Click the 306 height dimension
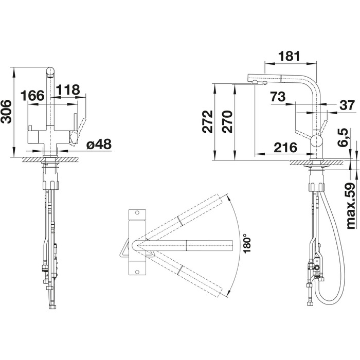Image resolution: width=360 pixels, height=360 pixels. tap(6, 112)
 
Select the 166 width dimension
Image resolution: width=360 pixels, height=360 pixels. tap(32, 96)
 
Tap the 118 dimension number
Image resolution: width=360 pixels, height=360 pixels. tap(68, 90)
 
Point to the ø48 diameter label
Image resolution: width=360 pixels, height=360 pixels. tap(99, 144)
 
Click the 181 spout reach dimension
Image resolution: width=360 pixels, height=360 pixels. tap(289, 56)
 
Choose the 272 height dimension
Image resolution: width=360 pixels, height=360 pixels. tap(208, 122)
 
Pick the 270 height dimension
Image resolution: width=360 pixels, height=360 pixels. tap(227, 122)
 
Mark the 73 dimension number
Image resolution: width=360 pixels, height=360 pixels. tap(278, 97)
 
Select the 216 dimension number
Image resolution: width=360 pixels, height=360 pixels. tap(285, 148)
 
